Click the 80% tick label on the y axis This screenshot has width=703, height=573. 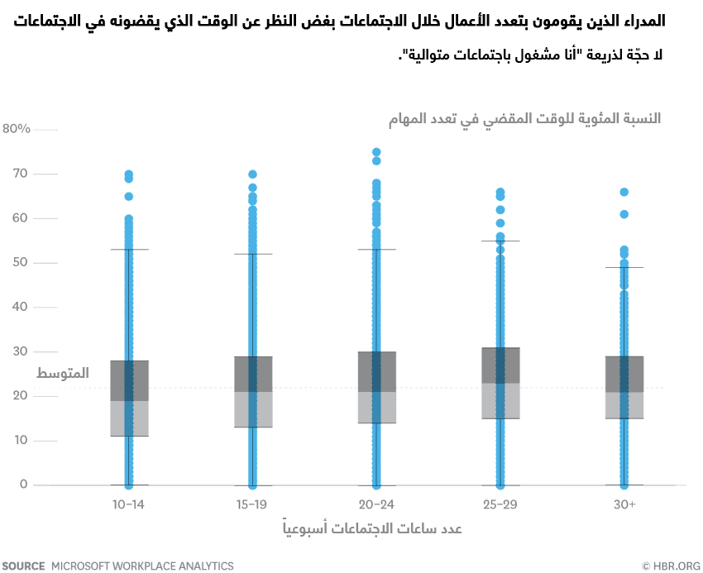click(17, 129)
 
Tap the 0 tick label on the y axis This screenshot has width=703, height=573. click(24, 485)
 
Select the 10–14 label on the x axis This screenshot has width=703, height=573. click(128, 504)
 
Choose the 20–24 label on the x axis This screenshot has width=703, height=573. click(376, 504)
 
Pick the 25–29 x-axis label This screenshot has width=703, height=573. click(500, 504)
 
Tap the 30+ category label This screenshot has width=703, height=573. click(624, 504)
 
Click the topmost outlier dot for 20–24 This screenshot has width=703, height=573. click(376, 152)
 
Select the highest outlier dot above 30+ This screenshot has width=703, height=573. click(624, 192)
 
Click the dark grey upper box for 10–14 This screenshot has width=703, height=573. click(128, 380)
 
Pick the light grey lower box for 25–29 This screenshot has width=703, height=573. click(500, 401)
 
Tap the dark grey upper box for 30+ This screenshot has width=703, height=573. click(624, 374)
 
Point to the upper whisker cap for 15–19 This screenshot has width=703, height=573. click(252, 254)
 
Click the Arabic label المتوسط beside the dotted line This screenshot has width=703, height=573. click(63, 374)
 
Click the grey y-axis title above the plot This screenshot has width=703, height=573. click(525, 118)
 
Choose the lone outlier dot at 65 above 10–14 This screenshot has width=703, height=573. click(128, 197)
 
